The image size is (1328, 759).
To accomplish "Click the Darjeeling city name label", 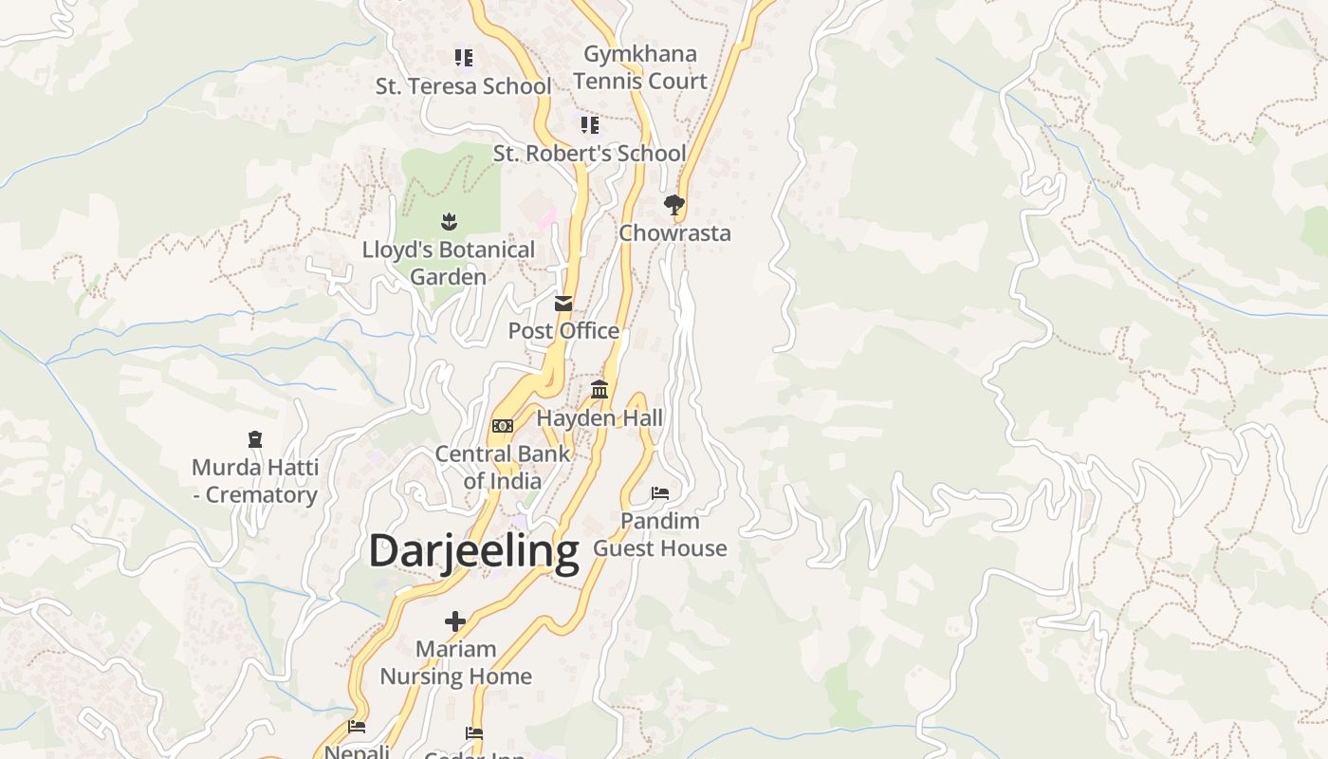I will (x=473, y=551).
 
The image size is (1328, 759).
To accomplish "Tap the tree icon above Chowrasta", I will (x=674, y=205).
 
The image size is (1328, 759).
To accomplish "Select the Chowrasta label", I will (x=674, y=233).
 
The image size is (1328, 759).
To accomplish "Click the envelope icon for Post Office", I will (x=563, y=304).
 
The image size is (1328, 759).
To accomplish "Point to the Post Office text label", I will (x=563, y=331).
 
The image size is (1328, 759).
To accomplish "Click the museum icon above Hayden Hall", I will (x=599, y=390).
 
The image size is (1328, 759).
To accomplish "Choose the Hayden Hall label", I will (x=599, y=418).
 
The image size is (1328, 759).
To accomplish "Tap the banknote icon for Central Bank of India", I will (x=503, y=426).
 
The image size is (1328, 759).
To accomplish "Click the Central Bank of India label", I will (x=503, y=467).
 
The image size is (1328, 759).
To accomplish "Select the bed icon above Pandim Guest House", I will (x=660, y=493).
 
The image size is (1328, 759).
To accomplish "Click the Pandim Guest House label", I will (x=660, y=534).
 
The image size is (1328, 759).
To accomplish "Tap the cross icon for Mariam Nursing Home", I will (x=455, y=621).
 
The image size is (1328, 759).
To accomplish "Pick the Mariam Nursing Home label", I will (x=455, y=662).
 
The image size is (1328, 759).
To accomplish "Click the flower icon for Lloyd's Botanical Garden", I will (x=449, y=222).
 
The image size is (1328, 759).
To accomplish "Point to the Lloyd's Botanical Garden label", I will (x=449, y=263).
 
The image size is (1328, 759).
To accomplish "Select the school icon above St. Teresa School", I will (x=463, y=58).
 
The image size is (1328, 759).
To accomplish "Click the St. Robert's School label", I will (x=589, y=154).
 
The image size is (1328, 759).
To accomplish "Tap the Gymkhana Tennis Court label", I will (x=640, y=67).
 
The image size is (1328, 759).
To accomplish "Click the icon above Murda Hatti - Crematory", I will (x=254, y=439).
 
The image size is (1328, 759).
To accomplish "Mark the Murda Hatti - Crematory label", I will (x=254, y=481).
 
